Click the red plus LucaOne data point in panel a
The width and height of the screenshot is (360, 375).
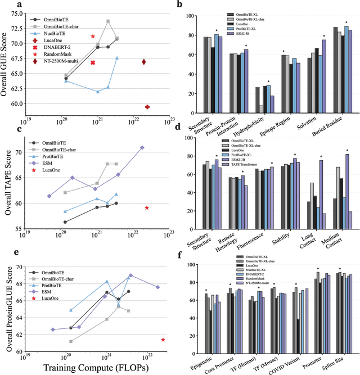[147, 107]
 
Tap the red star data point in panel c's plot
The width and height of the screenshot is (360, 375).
[146, 208]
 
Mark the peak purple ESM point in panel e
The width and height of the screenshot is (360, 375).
[130, 275]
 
